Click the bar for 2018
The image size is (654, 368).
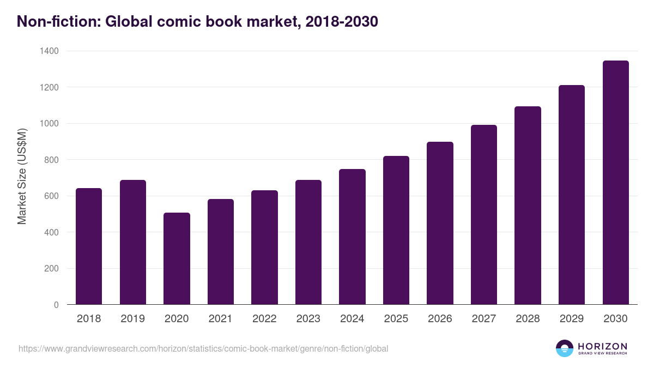coord(89,246)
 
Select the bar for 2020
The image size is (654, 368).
coord(177,258)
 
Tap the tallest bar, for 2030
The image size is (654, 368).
coord(615,183)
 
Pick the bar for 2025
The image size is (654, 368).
coord(396,230)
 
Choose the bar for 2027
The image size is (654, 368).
coord(484,215)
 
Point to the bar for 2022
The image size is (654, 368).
coord(264,248)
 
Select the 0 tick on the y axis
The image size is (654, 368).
coord(56,305)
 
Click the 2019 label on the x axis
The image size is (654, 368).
coord(132,319)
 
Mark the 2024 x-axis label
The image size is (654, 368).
coord(352,319)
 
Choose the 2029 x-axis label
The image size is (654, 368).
coord(572,319)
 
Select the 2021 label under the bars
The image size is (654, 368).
coord(221,319)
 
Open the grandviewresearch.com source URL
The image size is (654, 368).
coord(203,348)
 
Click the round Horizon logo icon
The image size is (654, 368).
coord(565,348)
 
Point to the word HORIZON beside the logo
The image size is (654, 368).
coord(602,346)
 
